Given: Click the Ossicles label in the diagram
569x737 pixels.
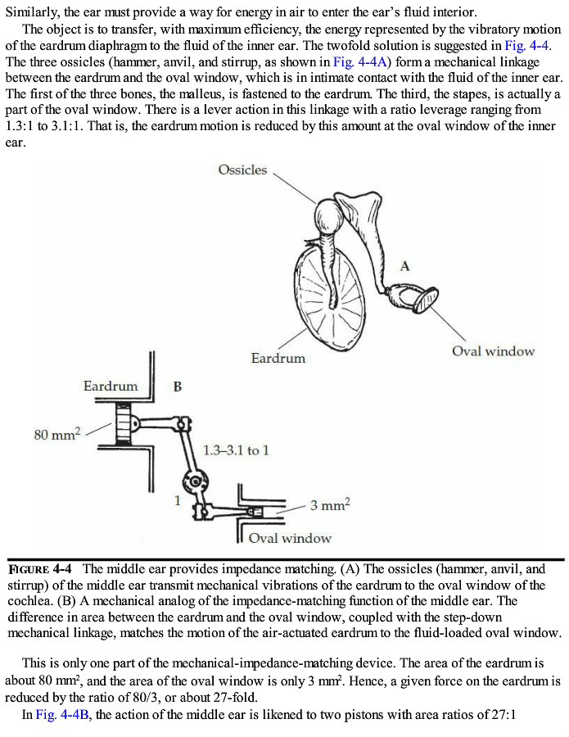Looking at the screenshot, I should click(x=242, y=170).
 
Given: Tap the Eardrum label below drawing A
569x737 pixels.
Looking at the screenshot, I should click(x=278, y=358).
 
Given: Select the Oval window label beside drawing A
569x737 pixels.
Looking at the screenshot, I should click(x=493, y=351).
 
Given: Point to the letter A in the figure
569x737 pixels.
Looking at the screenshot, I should click(x=404, y=265).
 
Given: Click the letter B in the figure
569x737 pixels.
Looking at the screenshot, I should click(x=177, y=386).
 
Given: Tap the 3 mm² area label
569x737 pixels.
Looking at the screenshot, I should click(x=330, y=505).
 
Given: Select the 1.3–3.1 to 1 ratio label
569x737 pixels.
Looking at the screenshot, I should click(x=235, y=450).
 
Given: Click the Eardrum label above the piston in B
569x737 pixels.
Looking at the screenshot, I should click(x=111, y=386).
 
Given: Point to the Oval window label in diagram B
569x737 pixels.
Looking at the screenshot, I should click(x=290, y=538).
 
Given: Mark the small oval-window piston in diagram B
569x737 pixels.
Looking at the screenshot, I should click(x=255, y=512).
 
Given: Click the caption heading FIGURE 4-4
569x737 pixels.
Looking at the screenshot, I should click(x=41, y=568).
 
